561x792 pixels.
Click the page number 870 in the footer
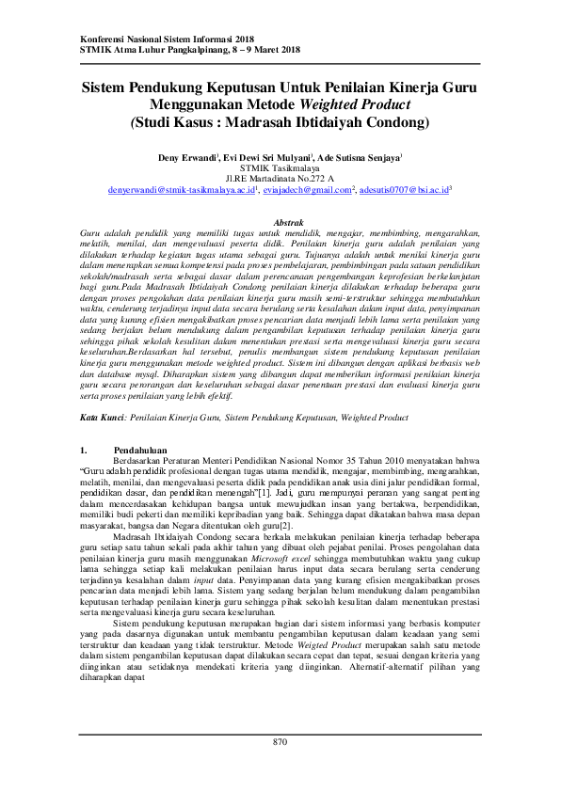280,742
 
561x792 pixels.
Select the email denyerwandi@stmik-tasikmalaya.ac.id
176,189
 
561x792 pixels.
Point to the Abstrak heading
280,222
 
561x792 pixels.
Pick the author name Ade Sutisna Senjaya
358,157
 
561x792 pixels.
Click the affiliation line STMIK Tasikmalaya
280,167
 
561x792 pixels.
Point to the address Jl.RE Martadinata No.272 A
280,178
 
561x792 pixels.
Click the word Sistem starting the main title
107,87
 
